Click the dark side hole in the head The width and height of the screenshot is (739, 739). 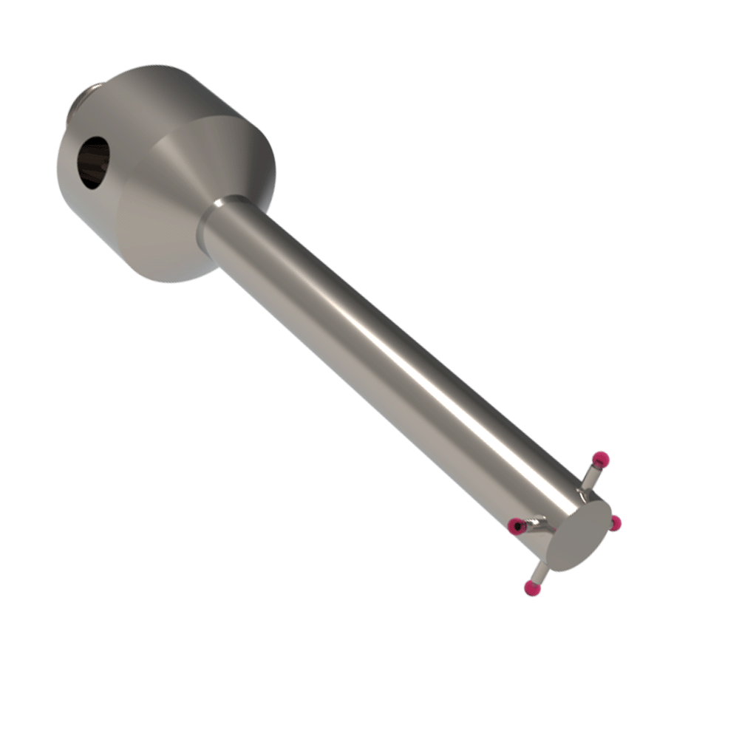pyautogui.click(x=94, y=162)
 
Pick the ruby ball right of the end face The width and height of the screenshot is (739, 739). pyautogui.click(x=614, y=523)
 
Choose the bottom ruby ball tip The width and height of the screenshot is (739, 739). pyautogui.click(x=531, y=588)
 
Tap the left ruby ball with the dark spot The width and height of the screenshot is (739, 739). pyautogui.click(x=516, y=525)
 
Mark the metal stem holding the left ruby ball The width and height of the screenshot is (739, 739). pyautogui.click(x=534, y=524)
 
